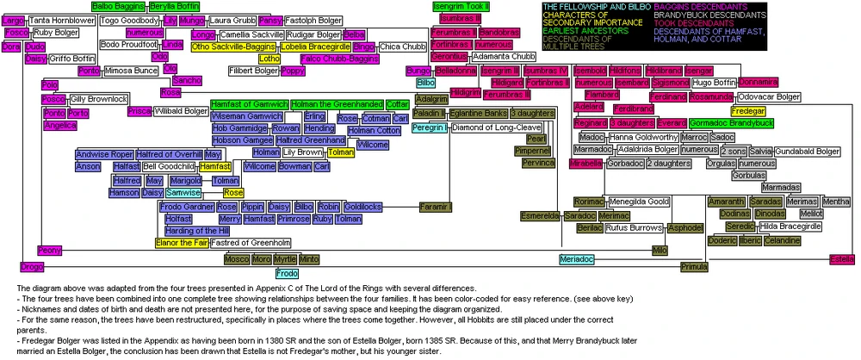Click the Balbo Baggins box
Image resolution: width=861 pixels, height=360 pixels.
(x=118, y=6)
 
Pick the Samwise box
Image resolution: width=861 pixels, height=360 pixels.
(x=183, y=193)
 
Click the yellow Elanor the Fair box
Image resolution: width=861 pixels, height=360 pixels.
(x=183, y=243)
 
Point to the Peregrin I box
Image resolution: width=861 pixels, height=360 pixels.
(x=429, y=127)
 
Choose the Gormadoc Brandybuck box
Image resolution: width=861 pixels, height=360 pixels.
(x=731, y=123)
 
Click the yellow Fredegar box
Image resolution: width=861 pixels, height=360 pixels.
(x=747, y=111)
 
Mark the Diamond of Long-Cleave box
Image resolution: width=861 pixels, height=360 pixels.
(x=497, y=127)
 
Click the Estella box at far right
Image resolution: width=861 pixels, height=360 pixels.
(x=840, y=258)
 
